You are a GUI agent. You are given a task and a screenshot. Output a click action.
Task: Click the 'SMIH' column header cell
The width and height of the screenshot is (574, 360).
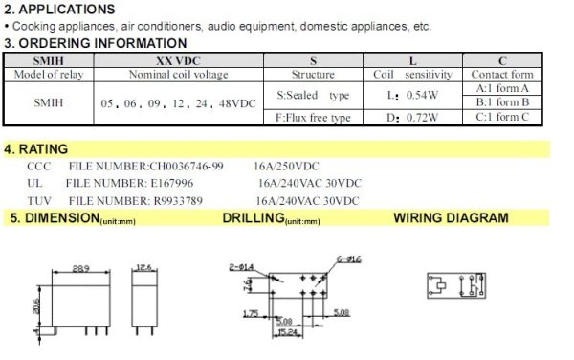[47, 59]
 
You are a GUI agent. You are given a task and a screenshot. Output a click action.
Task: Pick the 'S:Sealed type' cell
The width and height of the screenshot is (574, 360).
[313, 97]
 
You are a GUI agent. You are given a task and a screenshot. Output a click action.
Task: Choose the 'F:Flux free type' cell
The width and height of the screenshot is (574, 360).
[313, 118]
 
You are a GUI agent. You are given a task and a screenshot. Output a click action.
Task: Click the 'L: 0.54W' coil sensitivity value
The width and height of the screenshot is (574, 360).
[405, 97]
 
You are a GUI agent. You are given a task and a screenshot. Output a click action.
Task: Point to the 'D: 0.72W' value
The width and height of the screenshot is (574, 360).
[405, 118]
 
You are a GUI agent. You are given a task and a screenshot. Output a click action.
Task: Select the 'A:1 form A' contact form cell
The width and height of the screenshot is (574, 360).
[502, 87]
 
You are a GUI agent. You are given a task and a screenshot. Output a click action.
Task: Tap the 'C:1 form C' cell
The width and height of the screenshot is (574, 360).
[502, 118]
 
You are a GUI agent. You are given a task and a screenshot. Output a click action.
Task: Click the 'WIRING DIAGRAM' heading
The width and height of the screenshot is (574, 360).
[451, 218]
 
